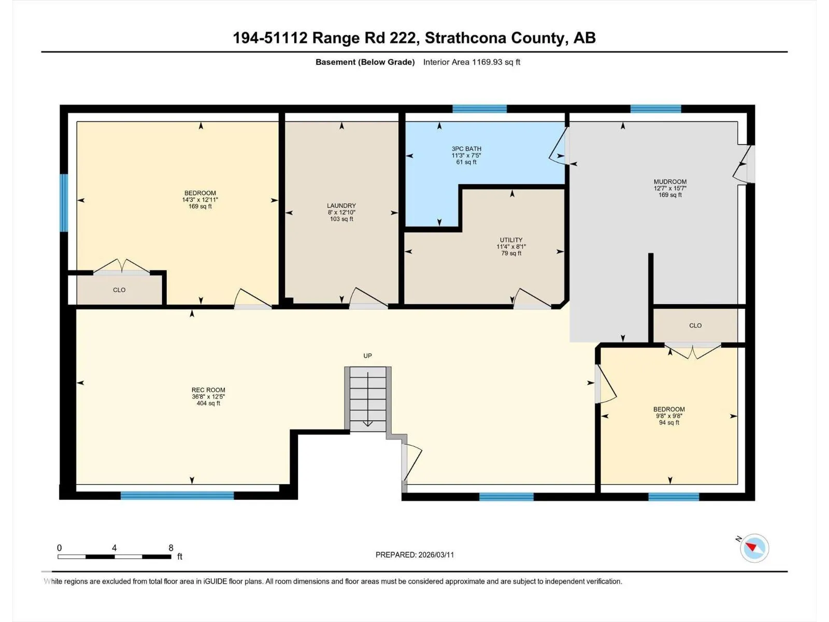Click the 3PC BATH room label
[466, 149]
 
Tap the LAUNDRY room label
[341, 206]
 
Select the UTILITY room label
[511, 240]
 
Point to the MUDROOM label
[670, 181]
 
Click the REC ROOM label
[208, 390]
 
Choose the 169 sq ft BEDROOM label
[200, 193]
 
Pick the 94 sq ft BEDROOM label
[669, 409]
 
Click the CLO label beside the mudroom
[695, 326]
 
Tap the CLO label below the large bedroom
[119, 290]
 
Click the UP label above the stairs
[367, 356]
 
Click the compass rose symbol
[754, 548]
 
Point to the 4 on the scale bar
[114, 547]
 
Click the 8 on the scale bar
[170, 547]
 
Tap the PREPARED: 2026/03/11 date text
[414, 555]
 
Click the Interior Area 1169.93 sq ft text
[471, 62]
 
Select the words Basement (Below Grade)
[365, 62]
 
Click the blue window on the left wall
[64, 203]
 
